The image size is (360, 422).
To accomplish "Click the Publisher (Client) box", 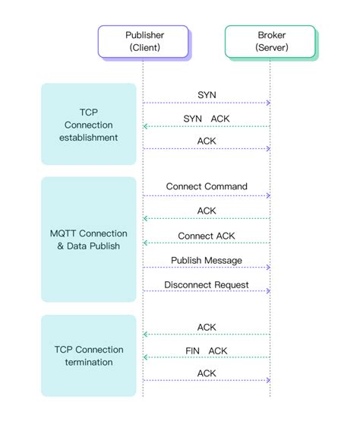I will tap(144, 41).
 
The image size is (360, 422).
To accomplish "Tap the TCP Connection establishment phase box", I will tap(88, 124).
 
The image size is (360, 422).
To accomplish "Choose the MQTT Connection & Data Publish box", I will tap(88, 239).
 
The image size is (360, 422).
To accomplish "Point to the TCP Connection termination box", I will tap(88, 355).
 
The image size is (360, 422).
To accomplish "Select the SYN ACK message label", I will tap(207, 118).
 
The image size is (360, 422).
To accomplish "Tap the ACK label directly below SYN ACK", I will tap(207, 141).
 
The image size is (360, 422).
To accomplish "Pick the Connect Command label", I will tap(207, 186).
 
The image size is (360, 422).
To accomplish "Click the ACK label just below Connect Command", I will tap(207, 210).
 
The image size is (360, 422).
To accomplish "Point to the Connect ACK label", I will tap(207, 236).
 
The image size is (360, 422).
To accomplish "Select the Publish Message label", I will tap(207, 260).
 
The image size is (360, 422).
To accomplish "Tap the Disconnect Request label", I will tap(207, 284).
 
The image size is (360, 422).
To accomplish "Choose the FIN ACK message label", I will tap(207, 351).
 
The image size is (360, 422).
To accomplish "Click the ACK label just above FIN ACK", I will tap(207, 327).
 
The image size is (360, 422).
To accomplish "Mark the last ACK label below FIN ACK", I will tap(207, 373).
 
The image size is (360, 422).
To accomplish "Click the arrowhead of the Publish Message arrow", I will tap(268, 268).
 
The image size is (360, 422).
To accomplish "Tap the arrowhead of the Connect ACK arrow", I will tap(146, 243).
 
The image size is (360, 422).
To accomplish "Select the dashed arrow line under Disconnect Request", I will tap(207, 291).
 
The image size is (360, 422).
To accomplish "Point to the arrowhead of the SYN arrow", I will tap(268, 103).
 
